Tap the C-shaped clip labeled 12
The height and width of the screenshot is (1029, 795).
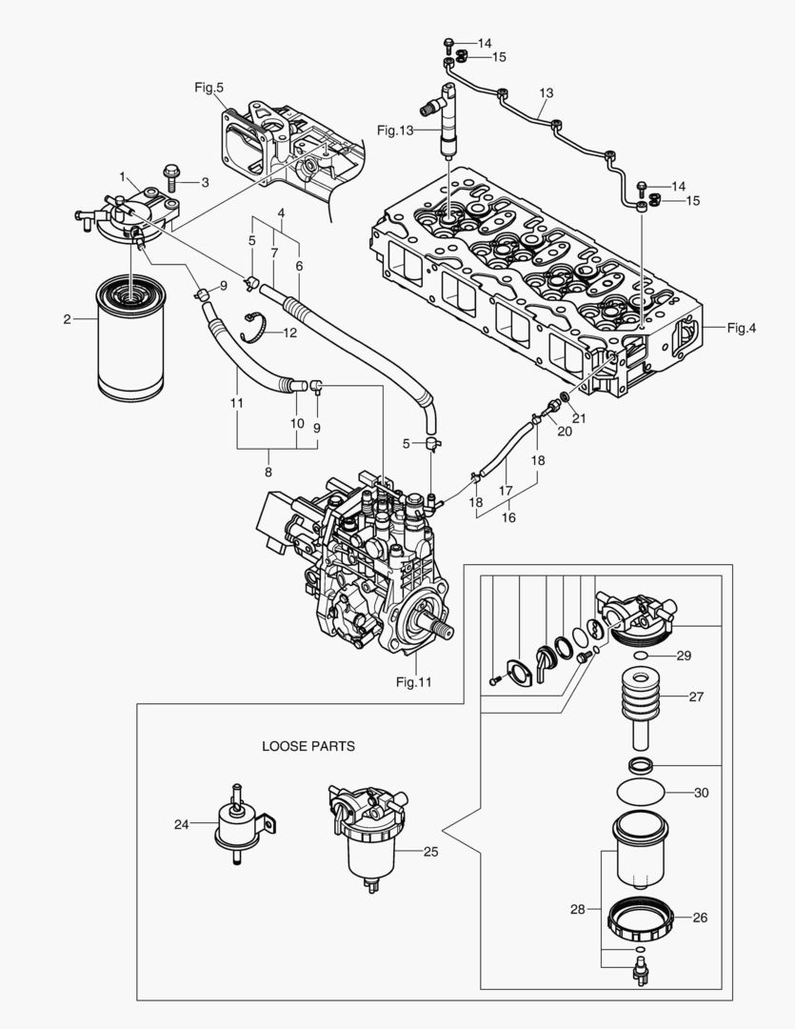point(252,326)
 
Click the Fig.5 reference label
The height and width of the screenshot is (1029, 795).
point(209,88)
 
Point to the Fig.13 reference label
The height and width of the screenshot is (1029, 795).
point(394,130)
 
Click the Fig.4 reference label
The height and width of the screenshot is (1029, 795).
point(741,329)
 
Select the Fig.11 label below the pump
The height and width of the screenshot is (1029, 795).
point(413,682)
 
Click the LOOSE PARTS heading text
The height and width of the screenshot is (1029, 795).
point(308,746)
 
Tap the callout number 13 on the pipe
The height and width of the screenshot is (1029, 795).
point(546,93)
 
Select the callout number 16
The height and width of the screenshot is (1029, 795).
point(508,517)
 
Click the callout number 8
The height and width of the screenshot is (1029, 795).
point(268,471)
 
